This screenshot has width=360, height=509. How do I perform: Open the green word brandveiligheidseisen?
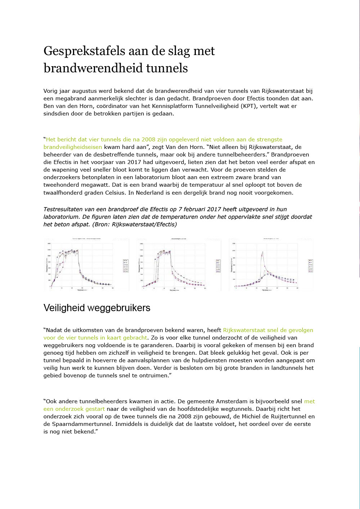tap(73, 147)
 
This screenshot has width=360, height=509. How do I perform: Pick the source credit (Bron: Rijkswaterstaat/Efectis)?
tap(135, 224)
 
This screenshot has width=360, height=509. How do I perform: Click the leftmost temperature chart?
tap(86, 264)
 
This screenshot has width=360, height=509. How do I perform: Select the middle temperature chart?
tap(179, 264)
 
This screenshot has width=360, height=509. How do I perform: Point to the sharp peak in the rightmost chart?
tap(262, 253)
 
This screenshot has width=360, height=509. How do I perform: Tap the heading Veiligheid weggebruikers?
tap(97, 308)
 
